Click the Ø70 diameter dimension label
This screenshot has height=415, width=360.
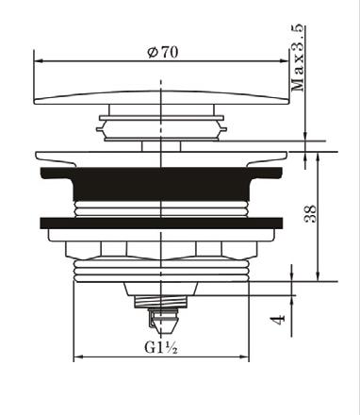point(163,52)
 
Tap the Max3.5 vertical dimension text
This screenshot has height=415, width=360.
point(298,58)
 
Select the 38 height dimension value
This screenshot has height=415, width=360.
point(310,214)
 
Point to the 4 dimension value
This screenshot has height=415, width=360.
point(278,320)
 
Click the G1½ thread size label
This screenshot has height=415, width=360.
point(161,347)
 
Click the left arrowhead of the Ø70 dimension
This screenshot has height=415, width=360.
point(39,61)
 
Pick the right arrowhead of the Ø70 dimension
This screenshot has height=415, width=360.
point(284,61)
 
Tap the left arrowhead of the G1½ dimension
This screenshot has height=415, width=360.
point(78,357)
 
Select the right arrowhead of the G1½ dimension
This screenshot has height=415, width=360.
point(244,357)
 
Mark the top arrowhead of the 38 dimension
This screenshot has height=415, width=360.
point(319,157)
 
